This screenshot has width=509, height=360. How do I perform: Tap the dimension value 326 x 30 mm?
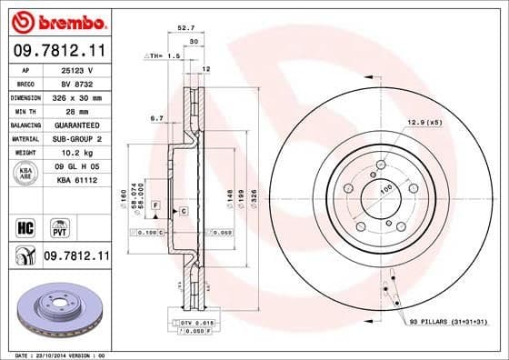point(76,96)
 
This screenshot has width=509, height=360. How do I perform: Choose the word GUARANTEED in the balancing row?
point(76,125)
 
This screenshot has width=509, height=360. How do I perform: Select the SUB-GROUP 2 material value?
point(76,138)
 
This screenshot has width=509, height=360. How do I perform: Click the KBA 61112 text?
point(76,182)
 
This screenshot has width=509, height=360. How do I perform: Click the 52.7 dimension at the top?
point(186,28)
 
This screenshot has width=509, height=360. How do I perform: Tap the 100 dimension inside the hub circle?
point(385,188)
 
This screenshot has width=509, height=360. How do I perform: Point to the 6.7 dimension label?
point(156,118)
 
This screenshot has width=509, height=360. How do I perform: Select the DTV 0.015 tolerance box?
point(190,324)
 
